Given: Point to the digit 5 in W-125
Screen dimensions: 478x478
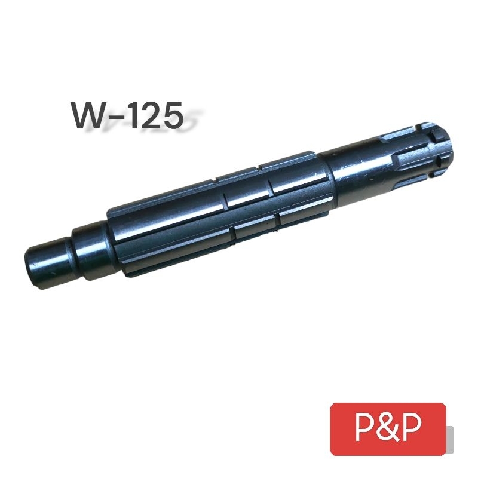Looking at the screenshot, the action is [173, 115].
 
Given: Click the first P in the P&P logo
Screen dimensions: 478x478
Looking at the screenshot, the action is [364, 428].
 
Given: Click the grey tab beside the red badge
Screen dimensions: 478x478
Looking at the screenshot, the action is [450, 439].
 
